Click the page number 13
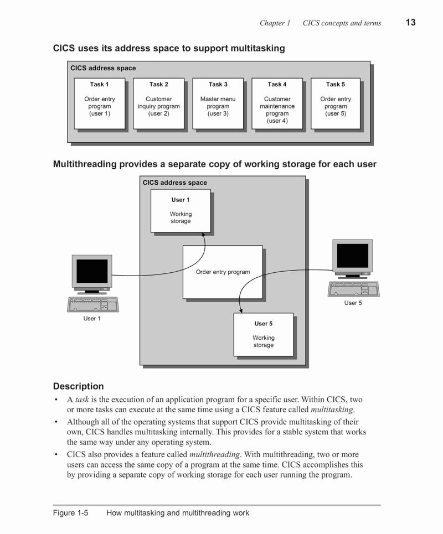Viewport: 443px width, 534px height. click(410, 23)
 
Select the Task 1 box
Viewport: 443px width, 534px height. click(100, 103)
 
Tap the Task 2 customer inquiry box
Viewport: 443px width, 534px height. click(159, 103)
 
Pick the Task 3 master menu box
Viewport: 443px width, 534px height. click(218, 103)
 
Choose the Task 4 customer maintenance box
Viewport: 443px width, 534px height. click(277, 103)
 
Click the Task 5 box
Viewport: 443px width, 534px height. click(336, 103)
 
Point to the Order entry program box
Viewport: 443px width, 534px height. click(223, 272)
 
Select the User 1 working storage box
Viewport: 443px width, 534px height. click(181, 211)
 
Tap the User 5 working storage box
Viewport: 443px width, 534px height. click(264, 334)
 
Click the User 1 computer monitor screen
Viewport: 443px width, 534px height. click(92, 271)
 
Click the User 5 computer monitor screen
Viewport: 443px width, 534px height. click(353, 256)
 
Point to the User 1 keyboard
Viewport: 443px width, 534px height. click(92, 304)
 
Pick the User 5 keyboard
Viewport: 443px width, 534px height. click(354, 289)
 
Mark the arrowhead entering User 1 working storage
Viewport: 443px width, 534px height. click(203, 234)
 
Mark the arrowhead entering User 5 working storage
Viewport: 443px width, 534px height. click(241, 310)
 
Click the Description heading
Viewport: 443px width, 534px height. click(79, 386)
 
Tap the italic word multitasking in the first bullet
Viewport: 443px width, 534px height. click(332, 409)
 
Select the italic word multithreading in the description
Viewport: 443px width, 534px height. click(214, 454)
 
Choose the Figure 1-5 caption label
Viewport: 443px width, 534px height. click(70, 513)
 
